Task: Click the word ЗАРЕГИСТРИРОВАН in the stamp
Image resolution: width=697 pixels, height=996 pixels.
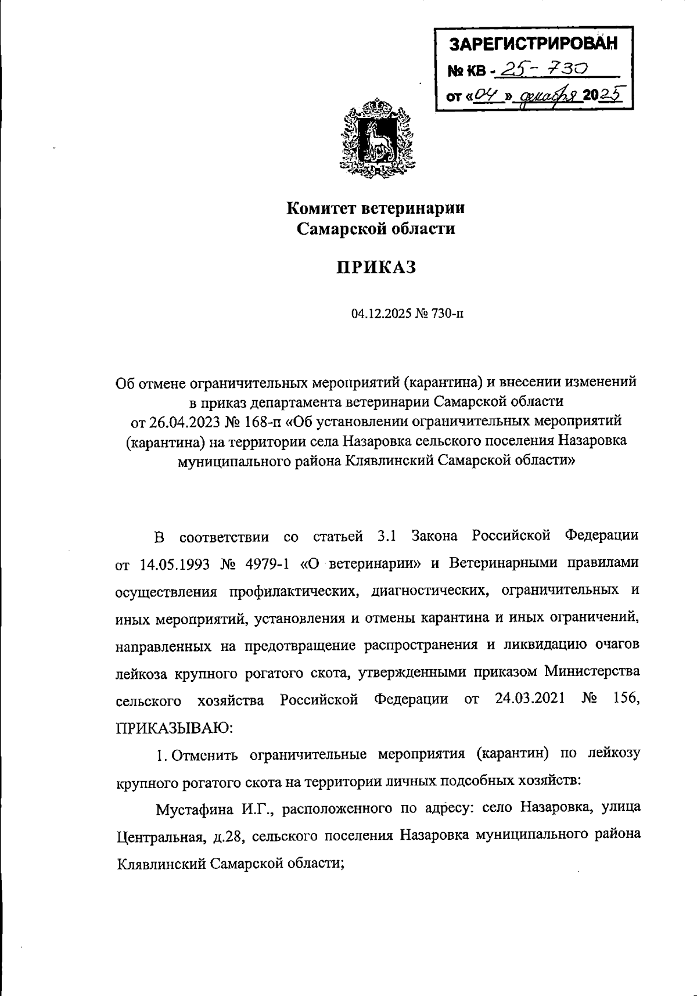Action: (534, 44)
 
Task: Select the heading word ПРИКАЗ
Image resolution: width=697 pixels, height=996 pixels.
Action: (376, 268)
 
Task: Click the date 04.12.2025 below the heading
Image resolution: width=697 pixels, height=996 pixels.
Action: (380, 314)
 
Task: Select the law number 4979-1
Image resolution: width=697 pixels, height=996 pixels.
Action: (264, 563)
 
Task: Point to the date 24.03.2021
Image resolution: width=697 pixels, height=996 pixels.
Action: (530, 699)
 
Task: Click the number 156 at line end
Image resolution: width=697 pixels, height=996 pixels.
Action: (626, 699)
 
